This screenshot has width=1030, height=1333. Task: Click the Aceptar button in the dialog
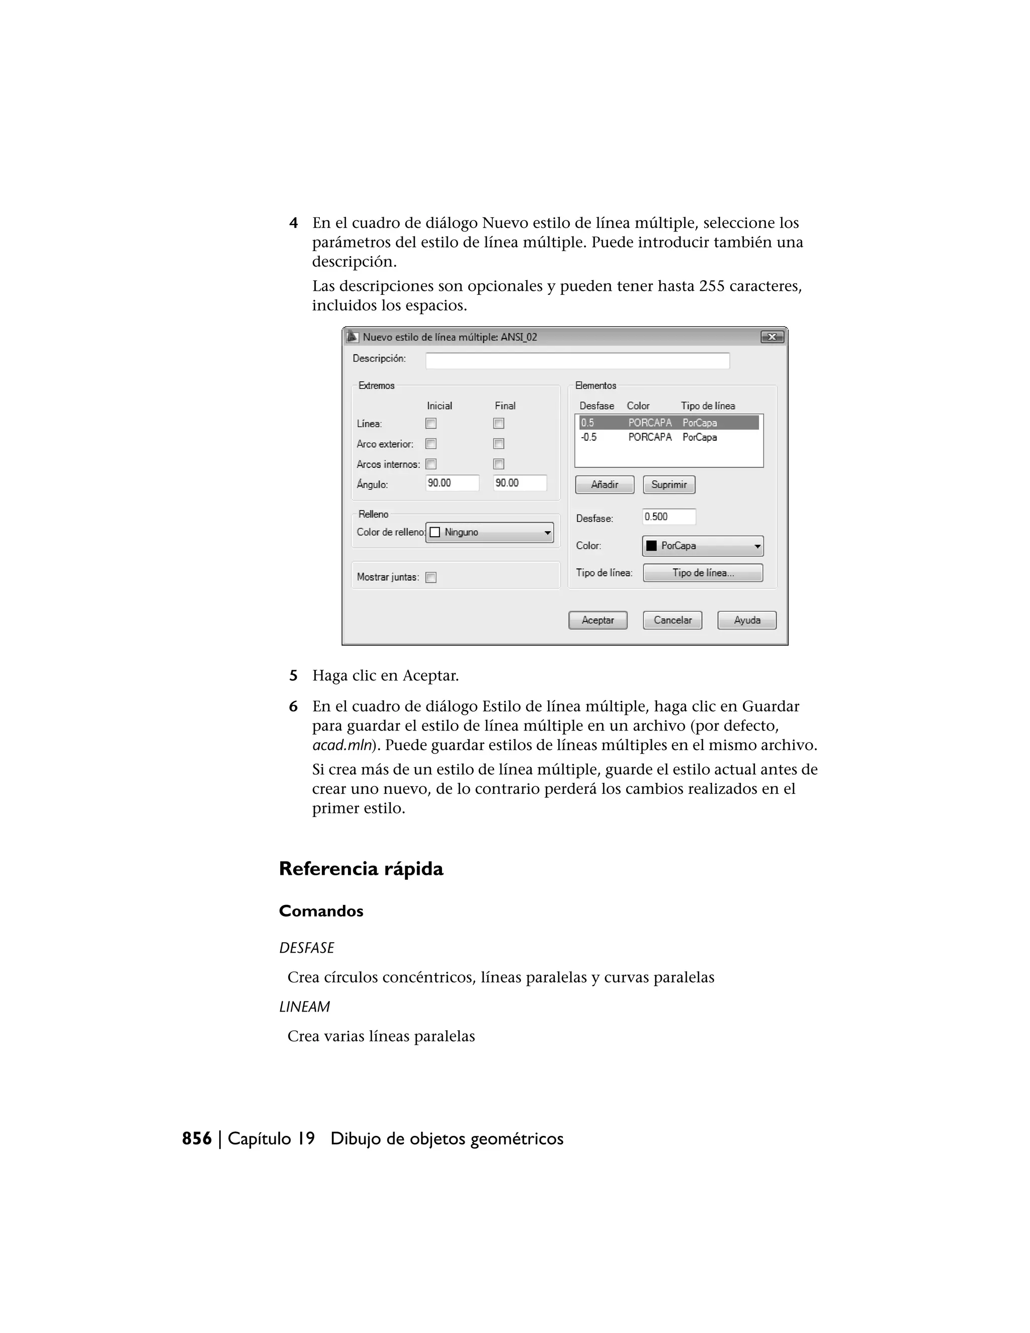coord(597,620)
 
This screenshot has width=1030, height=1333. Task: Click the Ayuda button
coord(746,620)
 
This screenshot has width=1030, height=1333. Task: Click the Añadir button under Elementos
coord(604,484)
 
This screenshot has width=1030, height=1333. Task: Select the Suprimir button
coord(669,484)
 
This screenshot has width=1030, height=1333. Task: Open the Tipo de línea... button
coord(702,572)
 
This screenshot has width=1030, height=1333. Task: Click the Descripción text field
coord(577,361)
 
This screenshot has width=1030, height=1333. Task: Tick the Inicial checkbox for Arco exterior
coord(431,444)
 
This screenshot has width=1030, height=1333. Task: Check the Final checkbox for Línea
coord(498,424)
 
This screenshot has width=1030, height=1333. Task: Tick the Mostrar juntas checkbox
coord(431,577)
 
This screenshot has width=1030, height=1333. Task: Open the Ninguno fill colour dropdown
coord(489,532)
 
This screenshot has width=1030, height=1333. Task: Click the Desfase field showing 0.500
coord(668,517)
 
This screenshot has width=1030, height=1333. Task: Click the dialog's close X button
coord(772,337)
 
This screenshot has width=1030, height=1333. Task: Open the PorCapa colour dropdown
coord(702,546)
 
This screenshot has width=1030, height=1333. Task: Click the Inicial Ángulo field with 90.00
coord(452,483)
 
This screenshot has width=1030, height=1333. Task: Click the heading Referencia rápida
coord(361,869)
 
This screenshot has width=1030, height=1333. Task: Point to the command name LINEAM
coord(304,1007)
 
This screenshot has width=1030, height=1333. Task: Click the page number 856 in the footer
coord(197,1139)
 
